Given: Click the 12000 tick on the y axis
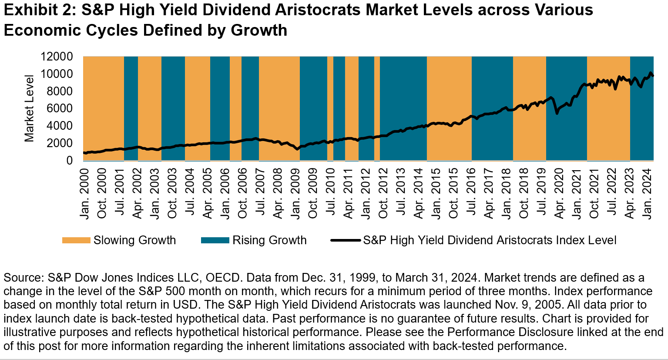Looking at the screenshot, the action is [x=57, y=56].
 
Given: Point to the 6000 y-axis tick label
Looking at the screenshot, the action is [x=60, y=108].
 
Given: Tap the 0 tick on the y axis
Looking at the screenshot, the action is [x=70, y=161].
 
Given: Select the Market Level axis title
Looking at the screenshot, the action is [x=29, y=108].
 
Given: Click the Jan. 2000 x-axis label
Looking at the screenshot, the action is [x=84, y=194].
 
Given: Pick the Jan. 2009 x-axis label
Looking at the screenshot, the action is [x=295, y=194].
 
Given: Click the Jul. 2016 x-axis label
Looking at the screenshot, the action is [x=471, y=194].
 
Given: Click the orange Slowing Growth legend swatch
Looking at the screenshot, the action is [x=76, y=240].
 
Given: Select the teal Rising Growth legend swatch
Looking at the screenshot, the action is [x=215, y=240].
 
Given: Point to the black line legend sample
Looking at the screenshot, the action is [x=346, y=240].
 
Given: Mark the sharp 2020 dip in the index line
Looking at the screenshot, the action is [x=557, y=113].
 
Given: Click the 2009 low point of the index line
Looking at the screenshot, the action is [x=297, y=149].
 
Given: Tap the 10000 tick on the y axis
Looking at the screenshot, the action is [x=57, y=74].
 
